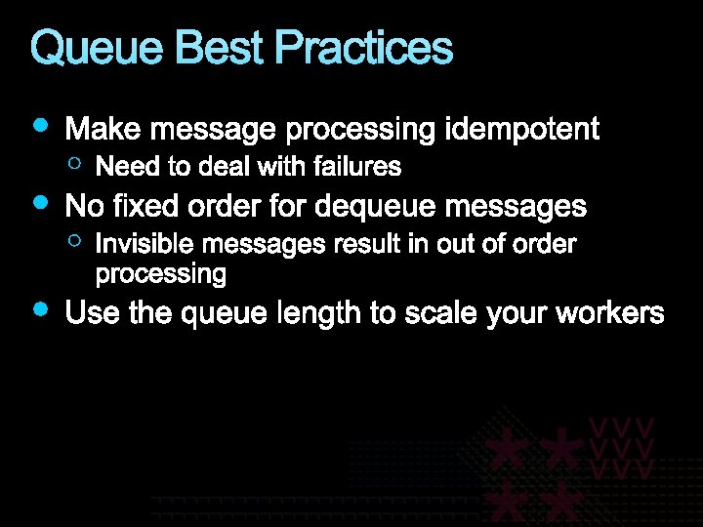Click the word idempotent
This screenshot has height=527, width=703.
[521, 129]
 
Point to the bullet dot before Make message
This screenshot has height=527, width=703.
[40, 125]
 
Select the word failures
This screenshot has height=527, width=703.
[357, 167]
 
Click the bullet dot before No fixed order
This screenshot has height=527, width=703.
[40, 202]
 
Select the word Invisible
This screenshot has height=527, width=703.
[133, 244]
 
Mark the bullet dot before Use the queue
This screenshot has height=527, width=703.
[40, 309]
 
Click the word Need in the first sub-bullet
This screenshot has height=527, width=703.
[121, 167]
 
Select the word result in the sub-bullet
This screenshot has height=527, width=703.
[367, 244]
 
